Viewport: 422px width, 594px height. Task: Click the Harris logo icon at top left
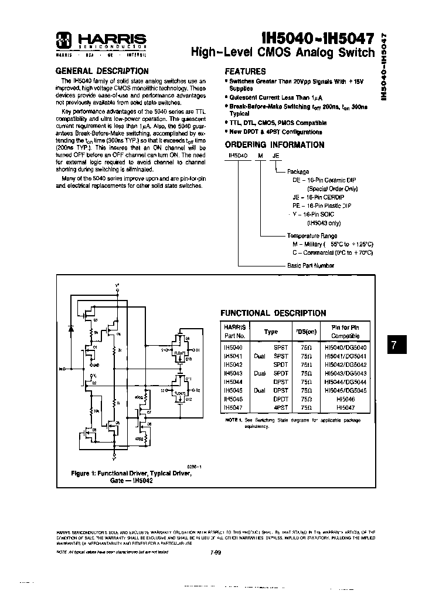pyautogui.click(x=63, y=40)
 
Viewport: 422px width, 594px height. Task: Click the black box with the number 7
pyautogui.click(x=396, y=346)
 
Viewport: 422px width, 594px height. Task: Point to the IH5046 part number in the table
pyautogui.click(x=233, y=397)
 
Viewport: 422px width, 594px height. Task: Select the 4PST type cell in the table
pyautogui.click(x=281, y=406)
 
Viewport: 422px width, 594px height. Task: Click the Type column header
pyautogui.click(x=271, y=332)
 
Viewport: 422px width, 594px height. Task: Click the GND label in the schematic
pyautogui.click(x=97, y=364)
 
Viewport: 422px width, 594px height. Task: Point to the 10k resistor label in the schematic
pyautogui.click(x=96, y=411)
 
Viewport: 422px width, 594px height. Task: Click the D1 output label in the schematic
pyautogui.click(x=198, y=350)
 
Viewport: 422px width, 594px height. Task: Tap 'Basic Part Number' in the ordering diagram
pyautogui.click(x=310, y=265)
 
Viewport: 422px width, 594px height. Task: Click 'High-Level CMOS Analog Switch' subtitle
pyautogui.click(x=283, y=53)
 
